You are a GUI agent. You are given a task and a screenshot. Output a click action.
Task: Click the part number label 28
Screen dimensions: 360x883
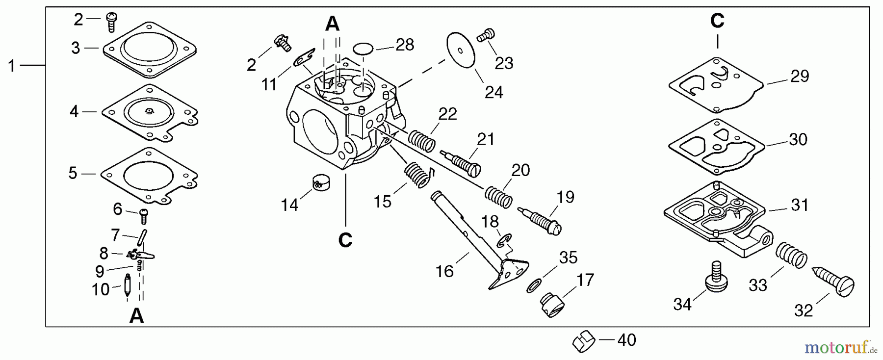coord(405,45)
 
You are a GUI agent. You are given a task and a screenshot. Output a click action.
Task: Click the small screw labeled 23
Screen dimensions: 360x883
coord(487,35)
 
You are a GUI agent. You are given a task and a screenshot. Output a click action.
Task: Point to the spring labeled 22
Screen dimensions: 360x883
coord(422,141)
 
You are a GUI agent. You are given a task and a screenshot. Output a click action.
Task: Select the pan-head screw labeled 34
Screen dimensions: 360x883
coord(716,277)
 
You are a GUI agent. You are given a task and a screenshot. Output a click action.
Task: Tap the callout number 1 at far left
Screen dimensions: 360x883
coord(12,66)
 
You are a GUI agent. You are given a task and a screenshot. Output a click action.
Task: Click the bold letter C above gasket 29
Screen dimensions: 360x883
coord(717,21)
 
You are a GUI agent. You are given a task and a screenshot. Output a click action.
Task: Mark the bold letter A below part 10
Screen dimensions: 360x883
coord(136,316)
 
